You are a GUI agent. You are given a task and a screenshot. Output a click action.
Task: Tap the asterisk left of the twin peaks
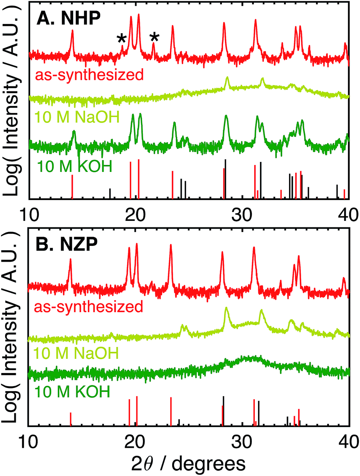122,39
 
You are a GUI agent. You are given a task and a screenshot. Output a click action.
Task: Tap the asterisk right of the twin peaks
154,38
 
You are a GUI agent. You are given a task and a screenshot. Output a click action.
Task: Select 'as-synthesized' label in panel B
89,307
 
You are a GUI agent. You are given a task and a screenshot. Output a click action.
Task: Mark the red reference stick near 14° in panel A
72,187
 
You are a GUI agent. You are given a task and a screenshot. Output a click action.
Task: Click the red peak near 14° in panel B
70,261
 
